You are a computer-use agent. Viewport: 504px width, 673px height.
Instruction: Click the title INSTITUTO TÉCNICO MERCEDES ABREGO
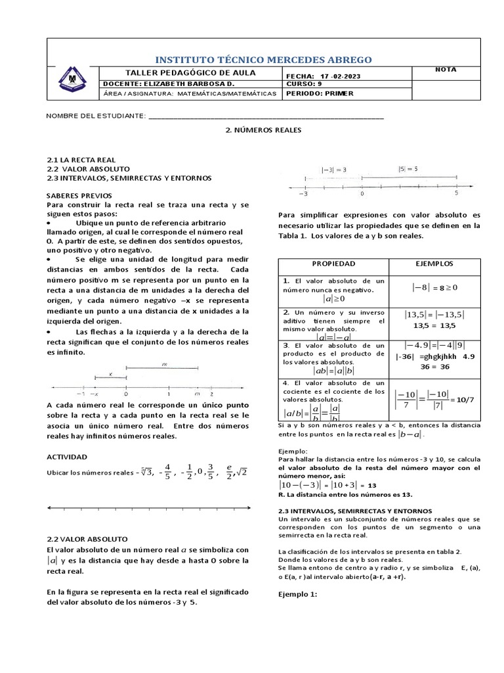(x=262, y=60)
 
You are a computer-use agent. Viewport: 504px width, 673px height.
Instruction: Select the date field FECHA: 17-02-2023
(x=323, y=76)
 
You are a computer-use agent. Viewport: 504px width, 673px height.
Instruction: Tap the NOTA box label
(x=446, y=70)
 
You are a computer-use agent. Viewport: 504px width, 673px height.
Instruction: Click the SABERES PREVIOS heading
(x=79, y=196)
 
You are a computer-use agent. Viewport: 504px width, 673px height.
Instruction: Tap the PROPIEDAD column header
(x=333, y=264)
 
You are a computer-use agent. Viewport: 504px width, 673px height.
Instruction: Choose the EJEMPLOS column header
(x=434, y=264)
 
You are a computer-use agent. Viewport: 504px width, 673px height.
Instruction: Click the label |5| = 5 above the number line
(x=408, y=169)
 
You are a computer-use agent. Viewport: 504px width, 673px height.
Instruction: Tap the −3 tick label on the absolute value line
(x=303, y=194)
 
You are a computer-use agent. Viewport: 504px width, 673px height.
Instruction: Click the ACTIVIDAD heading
(x=67, y=457)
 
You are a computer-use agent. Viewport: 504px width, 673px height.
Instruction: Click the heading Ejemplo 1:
(x=298, y=594)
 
